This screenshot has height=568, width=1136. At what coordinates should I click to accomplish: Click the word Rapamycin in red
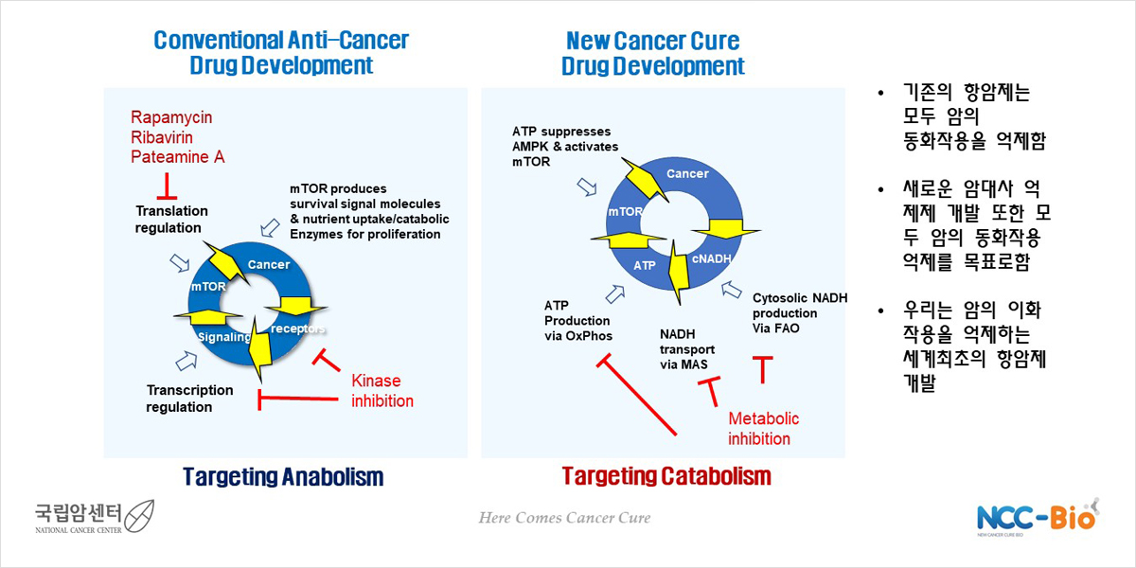[171, 117]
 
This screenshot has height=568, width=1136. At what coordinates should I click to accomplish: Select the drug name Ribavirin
[162, 137]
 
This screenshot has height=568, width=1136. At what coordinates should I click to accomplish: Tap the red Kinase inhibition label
[382, 391]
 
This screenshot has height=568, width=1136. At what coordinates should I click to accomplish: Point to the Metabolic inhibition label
[763, 429]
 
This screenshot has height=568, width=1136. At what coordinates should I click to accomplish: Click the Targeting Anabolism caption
[283, 477]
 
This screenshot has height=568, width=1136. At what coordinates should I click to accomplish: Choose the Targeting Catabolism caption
[666, 477]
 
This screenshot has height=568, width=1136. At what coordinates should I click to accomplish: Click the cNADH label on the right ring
[711, 259]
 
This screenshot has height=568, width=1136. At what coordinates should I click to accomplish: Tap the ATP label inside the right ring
[644, 265]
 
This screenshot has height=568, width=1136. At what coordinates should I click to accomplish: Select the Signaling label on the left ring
[224, 337]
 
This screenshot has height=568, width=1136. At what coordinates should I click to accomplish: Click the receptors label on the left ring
[297, 329]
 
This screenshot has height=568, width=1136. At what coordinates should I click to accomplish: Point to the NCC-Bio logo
[1038, 517]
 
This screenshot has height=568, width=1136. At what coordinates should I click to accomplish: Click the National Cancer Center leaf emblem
[139, 516]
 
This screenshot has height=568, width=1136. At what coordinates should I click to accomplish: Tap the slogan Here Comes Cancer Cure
[564, 518]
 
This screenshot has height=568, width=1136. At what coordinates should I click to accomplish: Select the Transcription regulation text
[189, 399]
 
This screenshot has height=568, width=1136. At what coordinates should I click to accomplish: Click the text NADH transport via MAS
[687, 349]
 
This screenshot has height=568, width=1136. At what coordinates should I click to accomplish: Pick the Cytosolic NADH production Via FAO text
[800, 313]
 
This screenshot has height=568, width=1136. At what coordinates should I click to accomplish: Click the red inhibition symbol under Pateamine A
[167, 186]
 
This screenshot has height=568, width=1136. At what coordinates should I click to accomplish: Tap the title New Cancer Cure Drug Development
[652, 53]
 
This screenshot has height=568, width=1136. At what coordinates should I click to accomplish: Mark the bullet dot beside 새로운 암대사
[881, 190]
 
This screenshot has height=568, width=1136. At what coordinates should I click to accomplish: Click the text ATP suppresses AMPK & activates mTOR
[565, 147]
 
